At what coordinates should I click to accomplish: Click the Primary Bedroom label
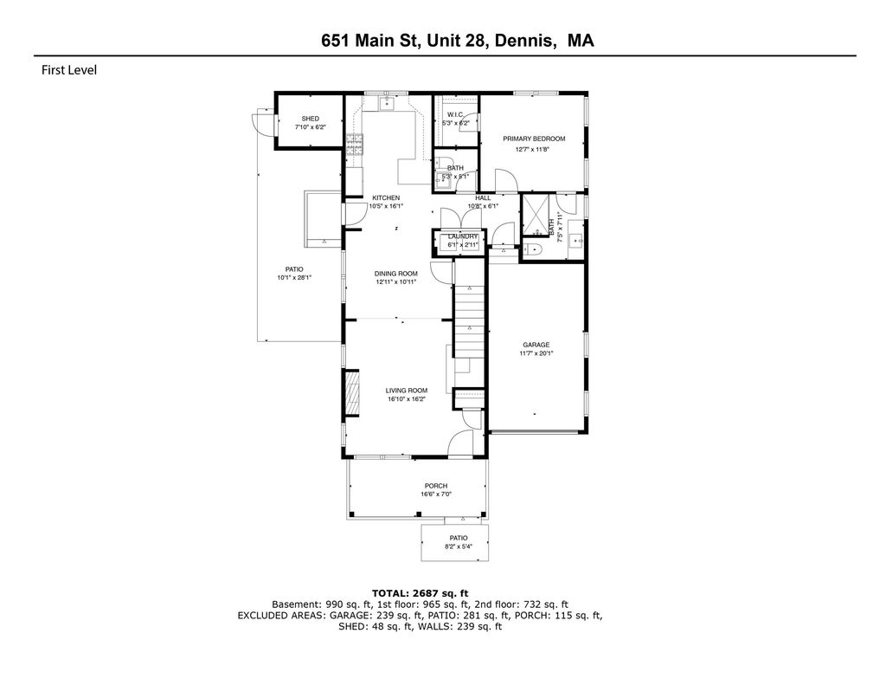click(x=534, y=139)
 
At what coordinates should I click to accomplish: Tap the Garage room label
click(x=536, y=345)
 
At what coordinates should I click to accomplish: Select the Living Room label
click(x=407, y=391)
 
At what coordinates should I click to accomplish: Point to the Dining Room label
click(x=395, y=274)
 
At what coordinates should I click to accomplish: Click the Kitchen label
click(x=386, y=198)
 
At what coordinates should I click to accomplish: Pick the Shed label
click(x=311, y=119)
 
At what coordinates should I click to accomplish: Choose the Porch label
click(x=436, y=486)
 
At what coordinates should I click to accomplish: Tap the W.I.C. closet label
click(x=455, y=115)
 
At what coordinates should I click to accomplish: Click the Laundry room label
click(x=463, y=236)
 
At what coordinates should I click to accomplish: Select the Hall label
click(x=483, y=198)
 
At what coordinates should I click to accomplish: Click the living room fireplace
click(x=352, y=393)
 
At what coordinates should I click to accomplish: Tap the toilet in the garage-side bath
click(x=533, y=249)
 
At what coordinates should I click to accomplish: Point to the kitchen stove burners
click(x=354, y=145)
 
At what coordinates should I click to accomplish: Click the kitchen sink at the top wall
click(x=387, y=104)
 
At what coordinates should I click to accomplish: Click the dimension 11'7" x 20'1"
click(x=536, y=353)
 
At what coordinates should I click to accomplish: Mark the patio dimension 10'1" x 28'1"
click(x=294, y=278)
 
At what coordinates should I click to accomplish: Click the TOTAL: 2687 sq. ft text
click(x=420, y=593)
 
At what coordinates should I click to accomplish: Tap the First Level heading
click(x=69, y=70)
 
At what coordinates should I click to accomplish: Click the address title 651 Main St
click(x=370, y=41)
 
